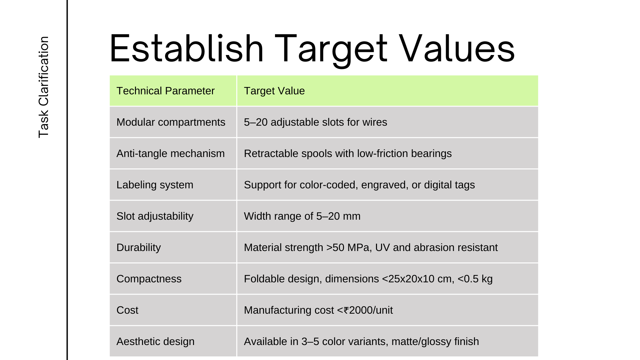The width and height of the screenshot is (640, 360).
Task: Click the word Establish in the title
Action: (187, 49)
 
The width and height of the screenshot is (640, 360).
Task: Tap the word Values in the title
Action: (457, 49)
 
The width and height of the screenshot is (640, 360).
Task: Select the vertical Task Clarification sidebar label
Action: (44, 87)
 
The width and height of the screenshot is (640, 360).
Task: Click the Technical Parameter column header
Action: (165, 91)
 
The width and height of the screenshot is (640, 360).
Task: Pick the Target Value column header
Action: (274, 91)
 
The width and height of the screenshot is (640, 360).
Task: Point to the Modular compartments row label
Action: (171, 122)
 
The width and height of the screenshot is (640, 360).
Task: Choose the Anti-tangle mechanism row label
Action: (170, 154)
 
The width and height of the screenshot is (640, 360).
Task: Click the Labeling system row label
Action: (155, 185)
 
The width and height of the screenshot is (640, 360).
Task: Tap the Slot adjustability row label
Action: (155, 216)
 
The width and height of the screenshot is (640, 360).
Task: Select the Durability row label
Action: (138, 248)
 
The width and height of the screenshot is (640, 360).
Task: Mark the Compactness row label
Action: (149, 279)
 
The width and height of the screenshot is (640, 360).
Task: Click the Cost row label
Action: (127, 310)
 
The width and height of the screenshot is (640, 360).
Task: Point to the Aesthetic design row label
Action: (155, 342)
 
